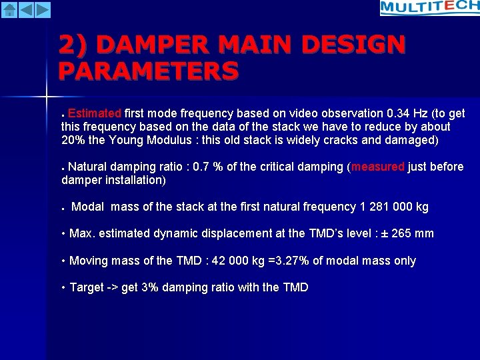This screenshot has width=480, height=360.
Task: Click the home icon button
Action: (9, 9)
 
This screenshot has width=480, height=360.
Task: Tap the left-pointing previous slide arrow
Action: (26, 9)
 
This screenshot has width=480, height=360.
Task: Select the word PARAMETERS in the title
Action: (148, 70)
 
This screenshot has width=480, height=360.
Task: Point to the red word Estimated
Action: (94, 113)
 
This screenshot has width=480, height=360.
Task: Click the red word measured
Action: (378, 167)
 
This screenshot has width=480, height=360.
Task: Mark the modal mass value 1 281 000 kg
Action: (394, 207)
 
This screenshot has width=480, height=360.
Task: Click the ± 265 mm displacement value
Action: (407, 234)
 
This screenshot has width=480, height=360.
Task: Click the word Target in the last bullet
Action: (87, 288)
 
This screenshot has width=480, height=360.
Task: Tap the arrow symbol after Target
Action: (113, 288)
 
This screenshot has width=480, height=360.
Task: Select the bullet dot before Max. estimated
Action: (63, 234)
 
